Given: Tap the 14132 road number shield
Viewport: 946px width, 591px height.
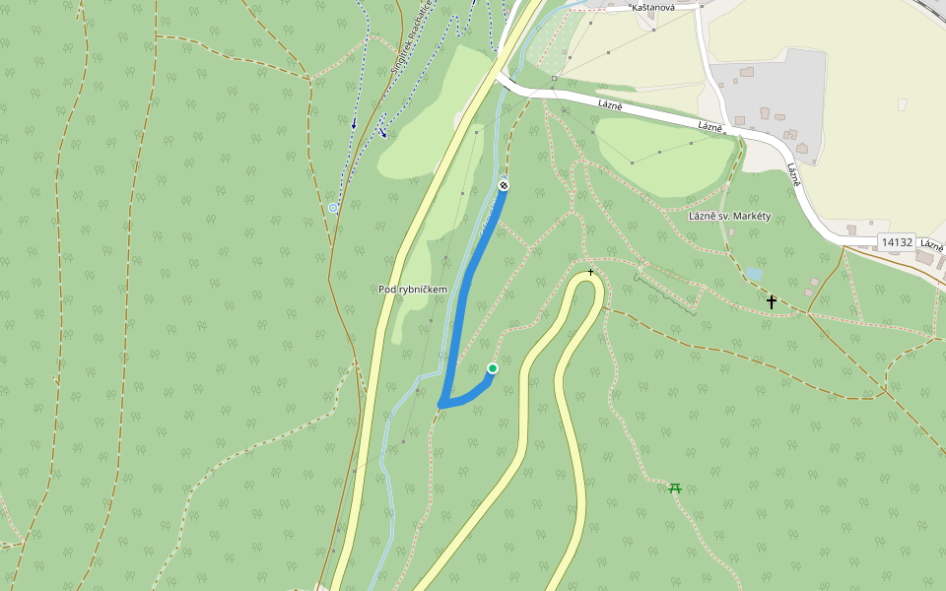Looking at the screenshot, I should point(897,241).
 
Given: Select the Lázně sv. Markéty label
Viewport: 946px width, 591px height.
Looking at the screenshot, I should point(729,216).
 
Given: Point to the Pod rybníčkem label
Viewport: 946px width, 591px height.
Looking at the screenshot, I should point(413,289).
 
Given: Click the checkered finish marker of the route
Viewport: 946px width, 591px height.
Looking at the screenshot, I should point(504,185).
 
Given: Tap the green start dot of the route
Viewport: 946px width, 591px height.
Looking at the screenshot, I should point(493,368).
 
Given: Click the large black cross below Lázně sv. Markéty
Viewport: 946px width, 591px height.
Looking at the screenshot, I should point(772,301).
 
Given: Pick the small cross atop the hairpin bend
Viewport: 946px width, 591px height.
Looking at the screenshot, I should point(590,271).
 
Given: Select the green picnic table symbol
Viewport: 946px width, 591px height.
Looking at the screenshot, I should point(675,487).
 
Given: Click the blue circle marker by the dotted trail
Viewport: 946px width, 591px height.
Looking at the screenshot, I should point(333,208).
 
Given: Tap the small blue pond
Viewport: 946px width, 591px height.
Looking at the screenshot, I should point(753,273).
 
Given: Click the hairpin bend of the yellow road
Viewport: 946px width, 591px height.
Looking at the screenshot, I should point(589,282).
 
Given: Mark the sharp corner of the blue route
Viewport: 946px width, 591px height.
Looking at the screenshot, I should point(442,403).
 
